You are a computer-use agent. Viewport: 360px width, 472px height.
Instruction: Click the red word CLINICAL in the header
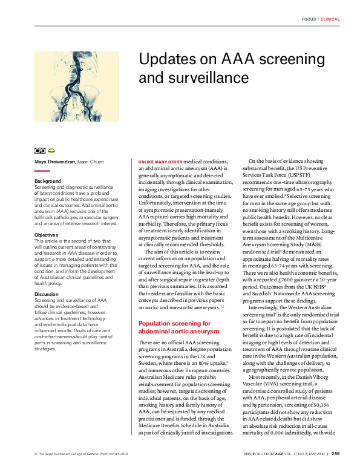[x=330, y=19]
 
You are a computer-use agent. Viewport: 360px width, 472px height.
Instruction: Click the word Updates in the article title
[x=165, y=61]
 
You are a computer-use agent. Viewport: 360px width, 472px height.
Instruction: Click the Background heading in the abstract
[x=48, y=181]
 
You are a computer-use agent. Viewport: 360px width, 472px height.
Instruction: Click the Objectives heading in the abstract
[x=47, y=234]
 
